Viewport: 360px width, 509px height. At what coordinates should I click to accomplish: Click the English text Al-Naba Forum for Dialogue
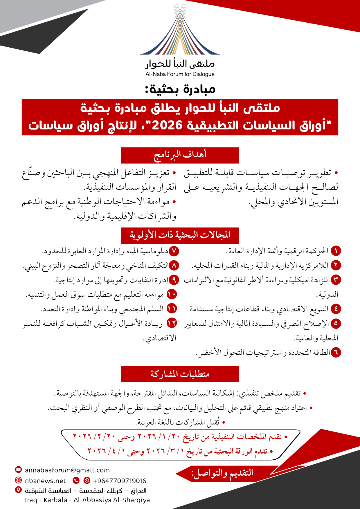[180, 74]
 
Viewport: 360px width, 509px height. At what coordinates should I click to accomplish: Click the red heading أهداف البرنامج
[180, 155]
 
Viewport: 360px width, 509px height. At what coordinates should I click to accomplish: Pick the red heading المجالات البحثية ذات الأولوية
[180, 235]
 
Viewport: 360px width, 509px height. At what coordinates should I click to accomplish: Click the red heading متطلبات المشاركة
[180, 374]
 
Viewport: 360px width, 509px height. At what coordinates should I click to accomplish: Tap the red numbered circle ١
[336, 251]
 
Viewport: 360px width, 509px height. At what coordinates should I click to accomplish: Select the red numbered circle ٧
[174, 251]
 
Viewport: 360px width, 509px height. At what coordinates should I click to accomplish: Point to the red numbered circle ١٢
[172, 323]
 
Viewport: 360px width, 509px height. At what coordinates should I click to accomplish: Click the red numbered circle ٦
[336, 352]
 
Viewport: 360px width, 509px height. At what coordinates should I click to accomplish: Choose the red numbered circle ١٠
[172, 294]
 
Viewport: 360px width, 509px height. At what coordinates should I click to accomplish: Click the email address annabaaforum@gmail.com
[67, 470]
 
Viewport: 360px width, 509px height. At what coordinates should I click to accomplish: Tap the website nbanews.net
[46, 481]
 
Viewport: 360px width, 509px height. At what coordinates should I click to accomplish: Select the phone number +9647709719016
[120, 481]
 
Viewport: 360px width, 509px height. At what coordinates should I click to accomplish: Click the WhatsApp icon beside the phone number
[87, 481]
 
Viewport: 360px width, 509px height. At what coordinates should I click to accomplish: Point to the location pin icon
[18, 490]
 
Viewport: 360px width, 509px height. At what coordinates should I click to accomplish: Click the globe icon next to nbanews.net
[18, 481]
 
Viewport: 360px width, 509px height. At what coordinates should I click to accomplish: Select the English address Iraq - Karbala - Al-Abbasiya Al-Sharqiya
[87, 500]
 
